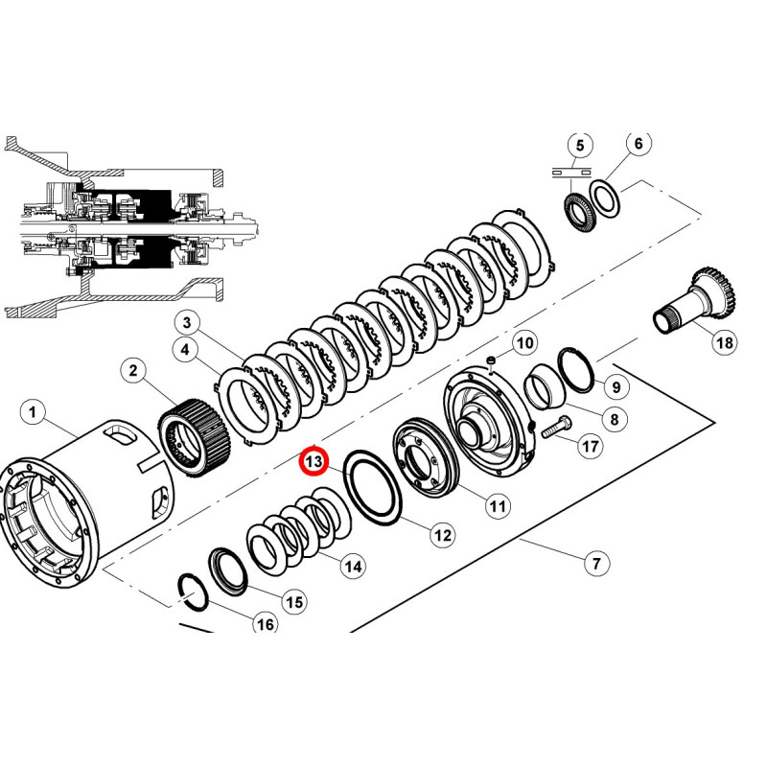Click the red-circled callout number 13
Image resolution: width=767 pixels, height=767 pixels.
[314, 461]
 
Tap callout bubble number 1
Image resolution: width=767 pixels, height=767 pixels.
[33, 412]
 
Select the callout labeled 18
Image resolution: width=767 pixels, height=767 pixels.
[724, 342]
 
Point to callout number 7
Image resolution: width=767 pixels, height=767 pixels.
[596, 564]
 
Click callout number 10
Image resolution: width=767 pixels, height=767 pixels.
[524, 343]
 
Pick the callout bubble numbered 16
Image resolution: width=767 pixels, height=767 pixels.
[266, 624]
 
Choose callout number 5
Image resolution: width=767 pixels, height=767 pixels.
[580, 146]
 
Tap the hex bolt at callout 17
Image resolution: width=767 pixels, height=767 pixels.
[556, 427]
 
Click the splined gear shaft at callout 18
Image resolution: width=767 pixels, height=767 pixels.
[696, 300]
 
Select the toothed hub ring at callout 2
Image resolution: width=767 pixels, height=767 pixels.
[196, 438]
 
